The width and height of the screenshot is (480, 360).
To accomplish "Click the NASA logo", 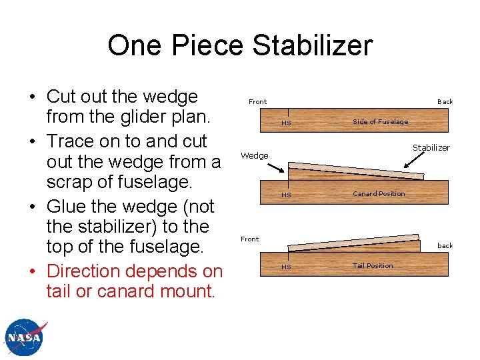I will [x=25, y=337].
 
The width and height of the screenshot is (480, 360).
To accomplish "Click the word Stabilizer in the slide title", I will [x=307, y=45].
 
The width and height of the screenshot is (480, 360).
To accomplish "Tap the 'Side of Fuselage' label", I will [x=380, y=122].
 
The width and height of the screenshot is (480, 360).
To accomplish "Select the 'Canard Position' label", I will [x=379, y=194].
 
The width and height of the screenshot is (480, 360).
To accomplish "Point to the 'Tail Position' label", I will [x=373, y=266].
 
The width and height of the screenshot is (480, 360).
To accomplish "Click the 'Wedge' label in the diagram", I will [x=254, y=156].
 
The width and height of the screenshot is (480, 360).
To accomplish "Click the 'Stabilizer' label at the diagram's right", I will [x=431, y=147].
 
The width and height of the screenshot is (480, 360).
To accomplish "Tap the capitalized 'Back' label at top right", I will [x=445, y=102].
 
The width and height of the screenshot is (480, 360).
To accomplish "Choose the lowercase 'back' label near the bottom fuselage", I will [x=445, y=246].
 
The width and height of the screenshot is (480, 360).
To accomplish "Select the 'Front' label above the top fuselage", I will [x=257, y=102].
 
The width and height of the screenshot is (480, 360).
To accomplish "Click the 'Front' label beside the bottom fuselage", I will [x=249, y=239].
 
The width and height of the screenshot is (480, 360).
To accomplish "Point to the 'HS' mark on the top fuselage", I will [x=286, y=123].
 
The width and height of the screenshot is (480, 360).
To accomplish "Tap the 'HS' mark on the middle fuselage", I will [x=286, y=195].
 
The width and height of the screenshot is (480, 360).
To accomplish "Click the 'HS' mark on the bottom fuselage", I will [x=286, y=267].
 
